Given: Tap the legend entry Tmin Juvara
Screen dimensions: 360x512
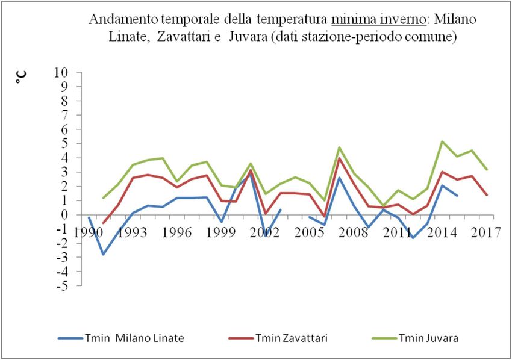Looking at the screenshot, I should point(428,338).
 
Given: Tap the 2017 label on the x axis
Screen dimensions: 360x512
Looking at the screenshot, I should point(485,232).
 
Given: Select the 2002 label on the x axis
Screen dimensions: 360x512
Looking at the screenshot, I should point(266,232).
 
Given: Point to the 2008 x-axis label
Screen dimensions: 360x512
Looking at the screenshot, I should point(354,232).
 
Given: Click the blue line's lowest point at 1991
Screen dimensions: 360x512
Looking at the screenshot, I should point(104,254).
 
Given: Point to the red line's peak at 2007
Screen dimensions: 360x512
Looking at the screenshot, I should point(339,158).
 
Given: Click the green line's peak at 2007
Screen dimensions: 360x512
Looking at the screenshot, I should point(339,147).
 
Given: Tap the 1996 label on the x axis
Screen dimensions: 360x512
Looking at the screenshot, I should point(178,232).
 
